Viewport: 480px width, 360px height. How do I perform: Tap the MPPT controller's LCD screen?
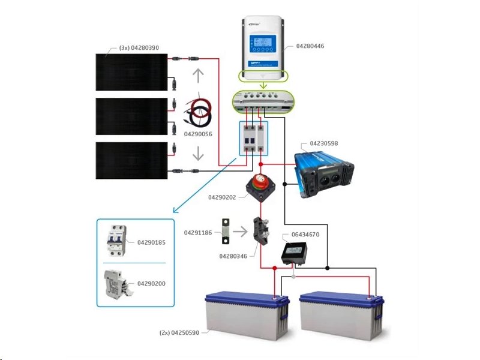262,43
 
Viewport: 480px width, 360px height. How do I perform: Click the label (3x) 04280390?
139,47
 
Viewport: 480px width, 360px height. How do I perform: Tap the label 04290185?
151,243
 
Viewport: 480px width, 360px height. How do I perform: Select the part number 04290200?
151,283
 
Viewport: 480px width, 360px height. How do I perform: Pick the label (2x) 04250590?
179,332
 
